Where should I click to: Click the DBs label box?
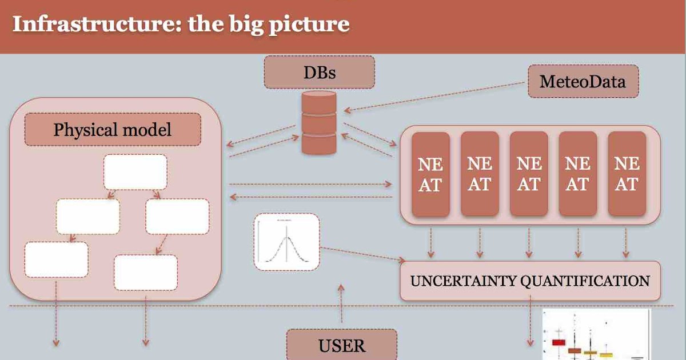(x=319, y=73)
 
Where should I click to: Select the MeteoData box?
(x=583, y=81)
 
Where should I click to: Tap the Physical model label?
(x=113, y=130)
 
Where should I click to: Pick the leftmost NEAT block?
(x=430, y=174)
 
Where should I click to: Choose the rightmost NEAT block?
(x=627, y=174)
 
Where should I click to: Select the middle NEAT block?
(x=529, y=174)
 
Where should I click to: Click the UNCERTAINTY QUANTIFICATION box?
(x=529, y=281)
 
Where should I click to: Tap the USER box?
(x=341, y=345)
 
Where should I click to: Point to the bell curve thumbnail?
(x=286, y=242)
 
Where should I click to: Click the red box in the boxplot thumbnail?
(x=558, y=342)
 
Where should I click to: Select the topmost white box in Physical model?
(x=135, y=171)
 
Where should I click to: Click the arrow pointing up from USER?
(x=341, y=303)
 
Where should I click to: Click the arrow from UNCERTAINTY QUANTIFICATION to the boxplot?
(x=532, y=323)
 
